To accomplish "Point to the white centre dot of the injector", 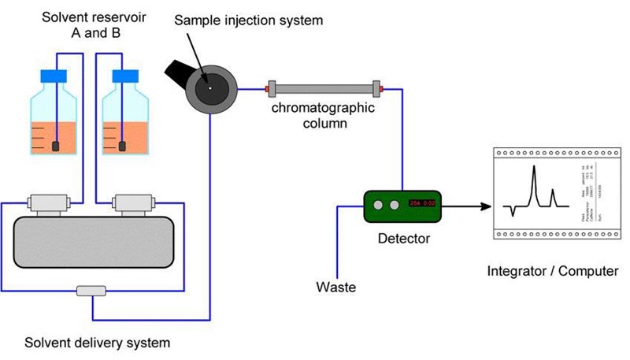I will (209, 87).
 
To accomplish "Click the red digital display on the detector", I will (424, 205).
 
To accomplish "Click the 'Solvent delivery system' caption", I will (98, 343).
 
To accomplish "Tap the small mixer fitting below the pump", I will (91, 291).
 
